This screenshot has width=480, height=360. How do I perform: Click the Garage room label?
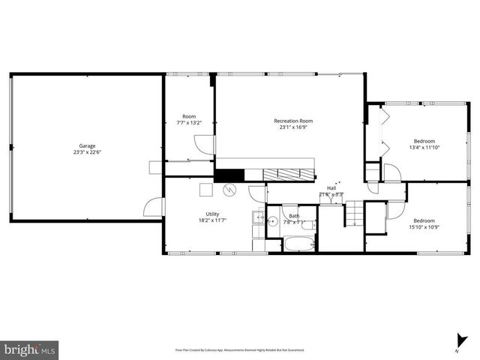[87, 145]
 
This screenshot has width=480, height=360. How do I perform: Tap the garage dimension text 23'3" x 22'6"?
[87, 152]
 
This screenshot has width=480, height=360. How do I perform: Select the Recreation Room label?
[292, 121]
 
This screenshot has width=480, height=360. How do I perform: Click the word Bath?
[294, 216]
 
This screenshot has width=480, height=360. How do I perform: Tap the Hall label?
[331, 188]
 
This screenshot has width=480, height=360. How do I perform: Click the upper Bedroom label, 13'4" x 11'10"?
[424, 140]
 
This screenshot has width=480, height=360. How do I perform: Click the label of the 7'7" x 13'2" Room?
[189, 116]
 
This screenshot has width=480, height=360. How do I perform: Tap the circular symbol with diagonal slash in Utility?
[231, 190]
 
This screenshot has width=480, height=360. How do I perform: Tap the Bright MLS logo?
[29, 349]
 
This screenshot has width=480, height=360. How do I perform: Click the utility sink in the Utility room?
[257, 219]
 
